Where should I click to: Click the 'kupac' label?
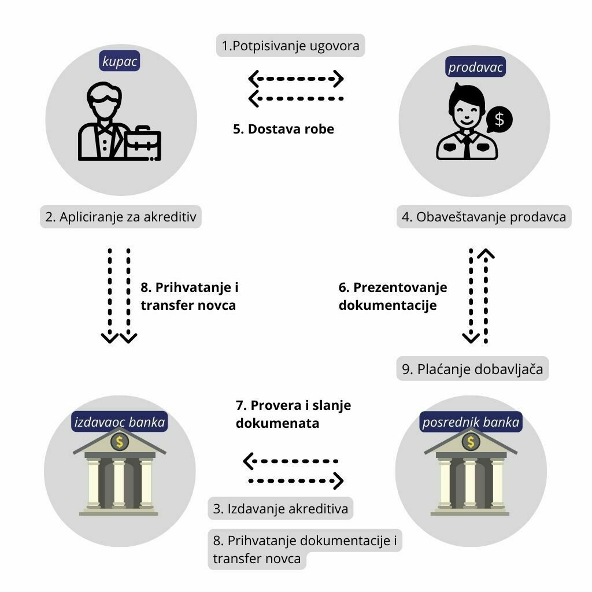click(x=120, y=61)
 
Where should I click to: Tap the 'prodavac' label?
click(x=476, y=68)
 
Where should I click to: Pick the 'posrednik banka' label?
click(x=471, y=423)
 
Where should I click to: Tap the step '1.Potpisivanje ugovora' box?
click(x=291, y=45)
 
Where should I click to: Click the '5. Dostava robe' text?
click(x=283, y=129)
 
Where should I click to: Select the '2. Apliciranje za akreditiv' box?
click(x=121, y=217)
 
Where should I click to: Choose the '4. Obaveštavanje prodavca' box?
click(x=483, y=217)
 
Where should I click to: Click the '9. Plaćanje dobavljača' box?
click(x=472, y=369)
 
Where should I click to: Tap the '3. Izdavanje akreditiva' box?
click(x=280, y=509)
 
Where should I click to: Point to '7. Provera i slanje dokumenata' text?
click(x=293, y=414)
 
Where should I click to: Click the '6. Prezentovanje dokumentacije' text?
click(x=393, y=296)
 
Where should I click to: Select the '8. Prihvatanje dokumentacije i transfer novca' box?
click(x=305, y=549)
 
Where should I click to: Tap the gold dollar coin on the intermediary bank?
click(x=471, y=442)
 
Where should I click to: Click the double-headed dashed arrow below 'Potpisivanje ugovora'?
click(x=296, y=78)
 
